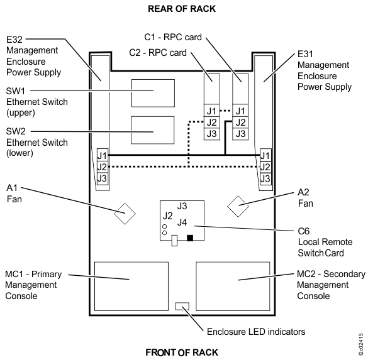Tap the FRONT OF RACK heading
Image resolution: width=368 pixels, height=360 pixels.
point(182,352)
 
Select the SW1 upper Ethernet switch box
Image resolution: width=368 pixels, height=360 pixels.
point(151,94)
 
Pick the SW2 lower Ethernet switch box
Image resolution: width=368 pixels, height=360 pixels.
point(151,131)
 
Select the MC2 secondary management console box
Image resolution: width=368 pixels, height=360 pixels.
point(233,279)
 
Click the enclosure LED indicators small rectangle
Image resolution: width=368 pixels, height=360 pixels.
point(183,307)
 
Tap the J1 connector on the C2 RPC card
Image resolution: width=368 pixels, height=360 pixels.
point(211,111)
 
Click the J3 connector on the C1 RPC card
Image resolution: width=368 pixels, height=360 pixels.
point(240,134)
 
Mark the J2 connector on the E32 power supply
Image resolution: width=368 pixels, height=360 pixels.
point(102,166)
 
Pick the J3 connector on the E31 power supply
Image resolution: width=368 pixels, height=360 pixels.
point(265,178)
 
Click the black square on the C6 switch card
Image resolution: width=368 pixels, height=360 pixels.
point(191,237)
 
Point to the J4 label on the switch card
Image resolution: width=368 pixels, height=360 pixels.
point(182,222)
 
